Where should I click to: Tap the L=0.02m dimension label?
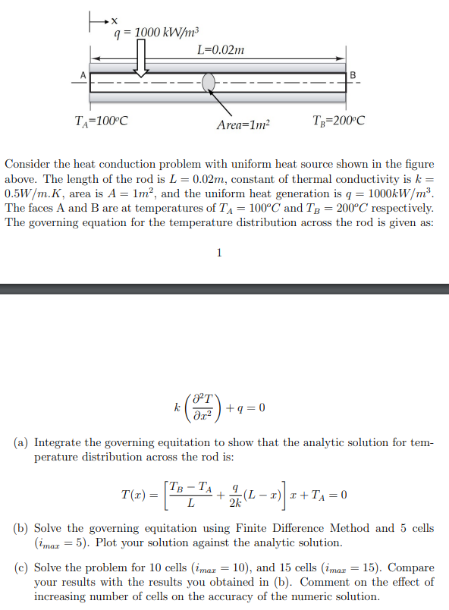(x=221, y=51)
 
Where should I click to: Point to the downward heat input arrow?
(x=141, y=58)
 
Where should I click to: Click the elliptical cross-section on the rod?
(x=210, y=82)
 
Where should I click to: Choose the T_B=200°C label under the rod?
(x=338, y=120)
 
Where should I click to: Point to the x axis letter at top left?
(x=115, y=19)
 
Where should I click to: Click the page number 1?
(x=219, y=253)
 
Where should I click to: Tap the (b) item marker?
(x=22, y=528)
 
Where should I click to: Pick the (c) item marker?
(x=22, y=568)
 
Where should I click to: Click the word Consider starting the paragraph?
(x=28, y=164)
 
